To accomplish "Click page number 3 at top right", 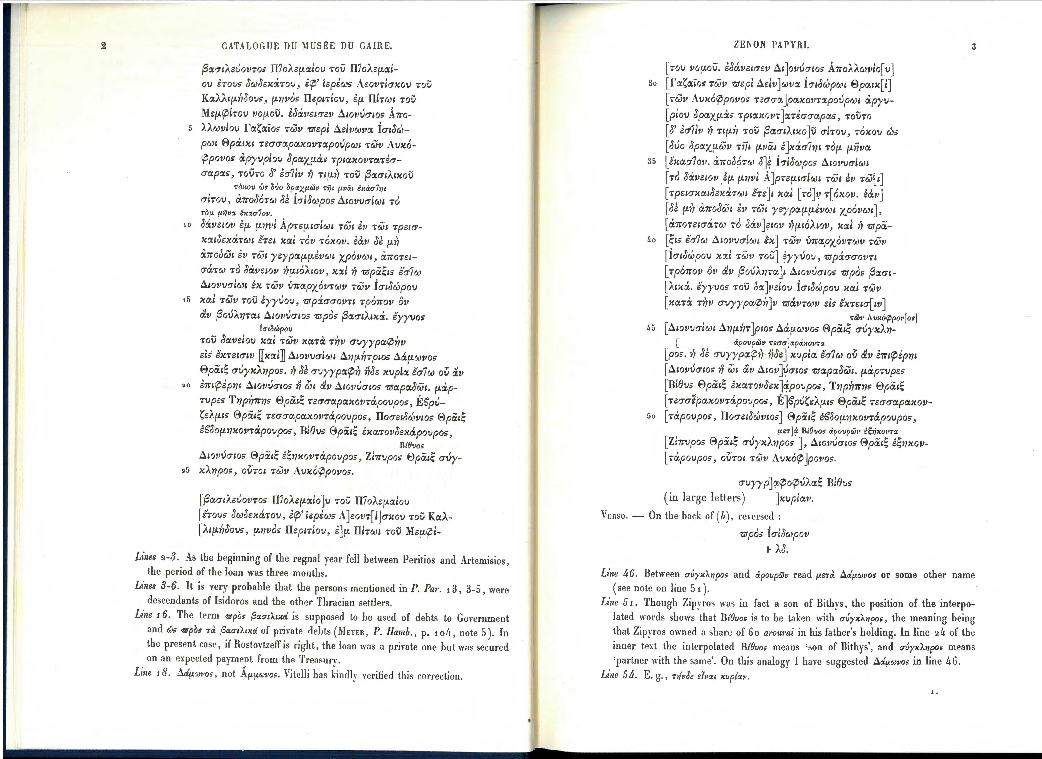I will click(974, 46).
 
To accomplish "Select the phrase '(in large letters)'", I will click(704, 498).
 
